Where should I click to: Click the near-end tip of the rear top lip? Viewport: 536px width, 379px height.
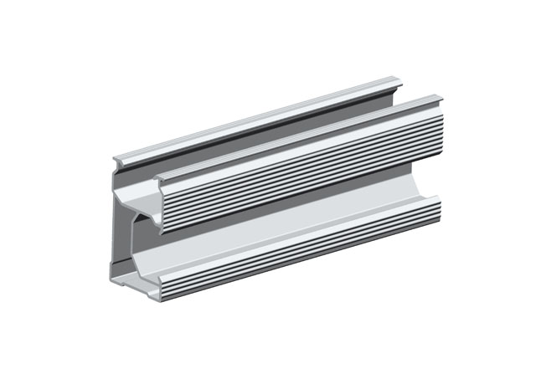pyautogui.click(x=116, y=159)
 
